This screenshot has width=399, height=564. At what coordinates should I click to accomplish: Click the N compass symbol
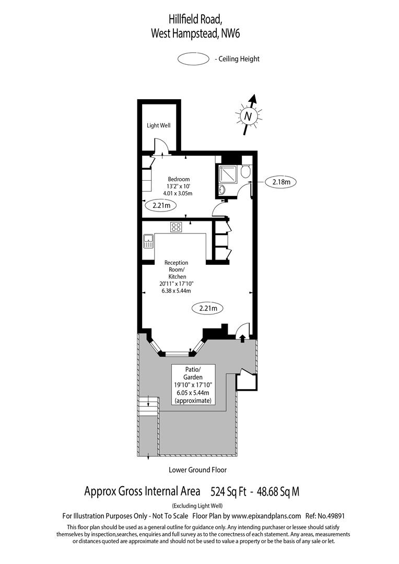click(249, 116)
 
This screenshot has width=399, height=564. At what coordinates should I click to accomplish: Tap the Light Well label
click(158, 125)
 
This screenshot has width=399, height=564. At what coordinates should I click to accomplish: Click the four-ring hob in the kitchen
click(177, 227)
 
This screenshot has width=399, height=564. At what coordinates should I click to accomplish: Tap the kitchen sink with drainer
click(148, 241)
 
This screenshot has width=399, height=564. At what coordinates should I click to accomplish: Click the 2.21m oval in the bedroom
click(161, 206)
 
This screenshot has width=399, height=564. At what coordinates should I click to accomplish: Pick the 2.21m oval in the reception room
click(208, 308)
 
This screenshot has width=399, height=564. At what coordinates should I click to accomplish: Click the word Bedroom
click(175, 179)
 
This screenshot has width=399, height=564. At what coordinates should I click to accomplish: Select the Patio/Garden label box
click(193, 384)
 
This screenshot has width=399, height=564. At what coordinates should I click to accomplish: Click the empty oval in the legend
click(193, 59)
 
